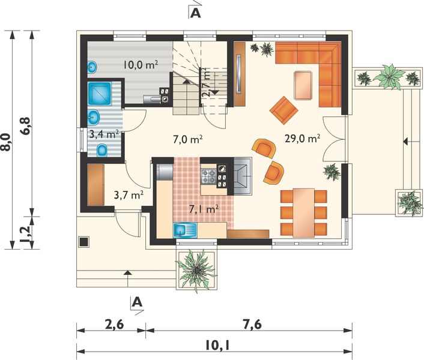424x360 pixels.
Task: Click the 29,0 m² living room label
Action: [x=302, y=139]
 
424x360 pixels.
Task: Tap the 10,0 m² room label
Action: [x=141, y=65]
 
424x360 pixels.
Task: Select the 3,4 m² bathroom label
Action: [x=104, y=134]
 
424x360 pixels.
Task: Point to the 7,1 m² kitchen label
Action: [x=204, y=209]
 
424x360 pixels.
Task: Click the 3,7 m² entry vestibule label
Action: [x=129, y=195]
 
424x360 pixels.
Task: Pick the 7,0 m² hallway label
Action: [x=187, y=140]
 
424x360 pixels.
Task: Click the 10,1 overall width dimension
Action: [x=217, y=346]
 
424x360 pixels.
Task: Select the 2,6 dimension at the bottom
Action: [x=114, y=325]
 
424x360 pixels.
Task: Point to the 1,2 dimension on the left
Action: [x=26, y=233]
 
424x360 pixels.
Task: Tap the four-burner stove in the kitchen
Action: [x=208, y=176]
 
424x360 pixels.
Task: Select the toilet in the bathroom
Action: [x=102, y=150]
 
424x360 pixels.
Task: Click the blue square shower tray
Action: [x=100, y=94]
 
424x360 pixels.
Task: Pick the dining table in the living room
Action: [x=304, y=213]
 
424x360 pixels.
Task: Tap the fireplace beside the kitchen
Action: [x=243, y=176]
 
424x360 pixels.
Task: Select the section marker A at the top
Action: [x=196, y=13]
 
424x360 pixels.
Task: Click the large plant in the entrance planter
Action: [x=196, y=270]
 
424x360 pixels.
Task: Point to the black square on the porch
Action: [x=83, y=241]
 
